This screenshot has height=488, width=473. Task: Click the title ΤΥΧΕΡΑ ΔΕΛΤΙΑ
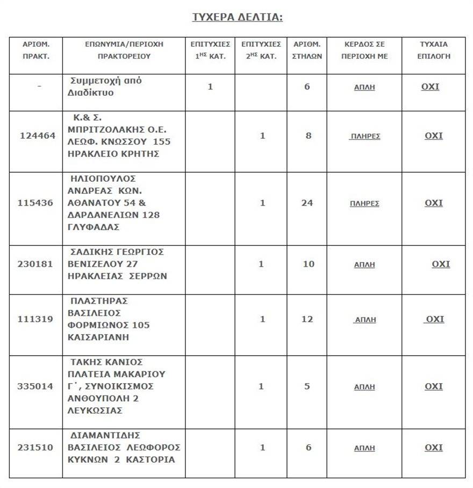(x=238, y=17)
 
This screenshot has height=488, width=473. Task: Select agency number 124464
(x=38, y=136)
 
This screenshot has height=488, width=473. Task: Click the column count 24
(x=307, y=203)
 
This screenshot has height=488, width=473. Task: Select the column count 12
(x=307, y=319)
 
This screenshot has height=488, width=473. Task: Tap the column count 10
(x=307, y=264)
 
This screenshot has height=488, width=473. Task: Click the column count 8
(x=309, y=136)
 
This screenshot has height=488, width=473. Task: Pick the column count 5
(x=307, y=386)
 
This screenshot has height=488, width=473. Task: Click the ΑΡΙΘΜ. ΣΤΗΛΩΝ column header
(x=307, y=50)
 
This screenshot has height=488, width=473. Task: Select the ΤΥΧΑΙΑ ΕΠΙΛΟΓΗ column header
(x=433, y=50)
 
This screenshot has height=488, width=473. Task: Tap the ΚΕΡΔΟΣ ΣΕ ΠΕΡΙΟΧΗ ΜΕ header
(x=364, y=50)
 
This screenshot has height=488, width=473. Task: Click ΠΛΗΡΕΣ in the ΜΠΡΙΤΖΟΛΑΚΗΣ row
(x=365, y=136)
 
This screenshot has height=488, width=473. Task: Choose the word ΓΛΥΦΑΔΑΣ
(x=95, y=228)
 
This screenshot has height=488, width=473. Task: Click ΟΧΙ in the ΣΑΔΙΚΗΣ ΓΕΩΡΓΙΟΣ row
(x=441, y=264)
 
